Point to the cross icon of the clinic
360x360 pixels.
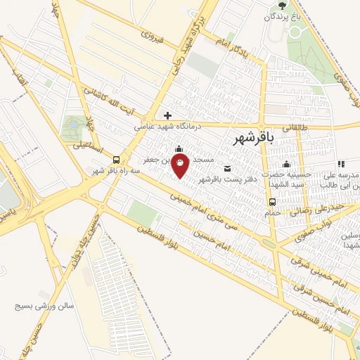click(x=167, y=115)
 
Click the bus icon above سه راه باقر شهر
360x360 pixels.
click(x=117, y=160)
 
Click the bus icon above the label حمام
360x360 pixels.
click(x=271, y=202)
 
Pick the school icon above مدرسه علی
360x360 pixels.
click(x=340, y=163)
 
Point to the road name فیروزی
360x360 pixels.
click(x=152, y=37)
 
